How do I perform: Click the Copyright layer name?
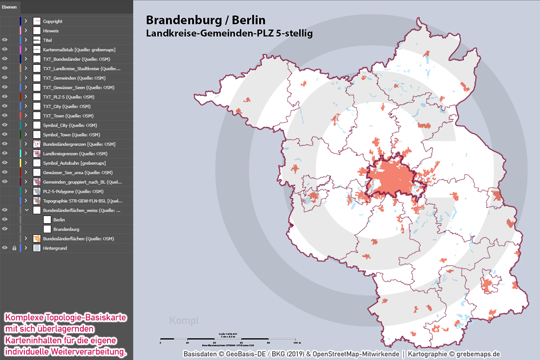point(53,21)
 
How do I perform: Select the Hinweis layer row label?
point(50,31)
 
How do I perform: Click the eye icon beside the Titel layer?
point(5,40)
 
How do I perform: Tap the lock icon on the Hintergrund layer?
point(14,248)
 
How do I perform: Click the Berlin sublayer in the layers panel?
point(58,220)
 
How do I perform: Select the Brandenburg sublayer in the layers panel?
point(66,229)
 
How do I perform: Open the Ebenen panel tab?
point(9,7)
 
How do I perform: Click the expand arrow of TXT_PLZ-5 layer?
point(26,97)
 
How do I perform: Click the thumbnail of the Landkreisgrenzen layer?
point(37,153)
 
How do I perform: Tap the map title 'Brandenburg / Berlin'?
point(206,20)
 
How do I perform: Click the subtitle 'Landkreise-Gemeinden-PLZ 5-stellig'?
point(229,33)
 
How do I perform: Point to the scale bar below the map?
point(230,338)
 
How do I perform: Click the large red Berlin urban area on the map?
point(391,178)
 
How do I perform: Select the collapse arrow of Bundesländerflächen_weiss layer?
point(26,210)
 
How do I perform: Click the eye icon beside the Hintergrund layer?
point(5,248)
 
